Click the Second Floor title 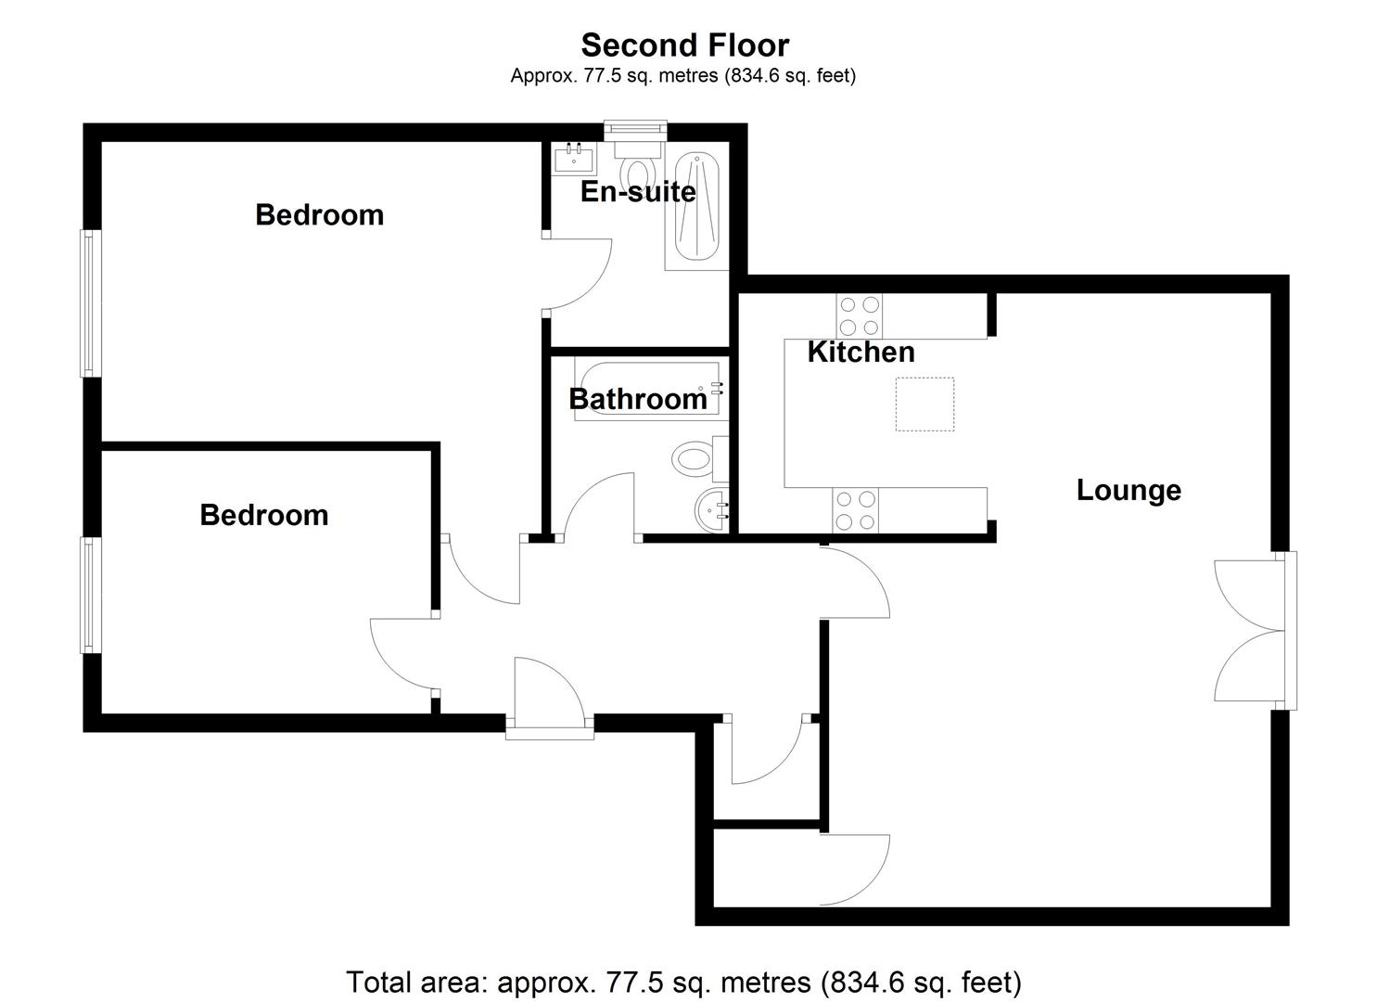click(x=684, y=45)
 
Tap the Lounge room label click(x=1128, y=490)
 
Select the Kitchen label click(x=861, y=352)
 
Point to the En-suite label click(x=637, y=191)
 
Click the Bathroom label click(x=637, y=399)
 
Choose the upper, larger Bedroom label click(x=319, y=214)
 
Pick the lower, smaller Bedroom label click(x=263, y=515)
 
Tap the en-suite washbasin click(x=574, y=159)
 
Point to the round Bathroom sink click(x=712, y=509)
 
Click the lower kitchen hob click(x=855, y=510)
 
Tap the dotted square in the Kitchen click(x=924, y=404)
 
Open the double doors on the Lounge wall click(x=1252, y=631)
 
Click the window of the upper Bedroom click(x=89, y=302)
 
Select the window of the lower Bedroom click(x=89, y=595)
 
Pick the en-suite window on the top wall click(x=634, y=129)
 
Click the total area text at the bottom click(x=684, y=981)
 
